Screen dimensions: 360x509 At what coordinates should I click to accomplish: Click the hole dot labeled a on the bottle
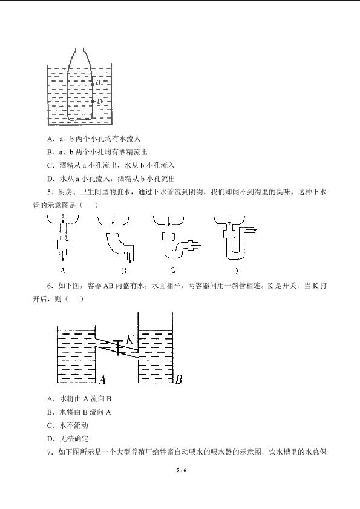pos(93,84)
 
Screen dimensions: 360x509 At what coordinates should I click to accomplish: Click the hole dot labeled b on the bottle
pos(93,101)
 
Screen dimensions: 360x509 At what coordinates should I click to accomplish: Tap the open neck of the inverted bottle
pos(79,50)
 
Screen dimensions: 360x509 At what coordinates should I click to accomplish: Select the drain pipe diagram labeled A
pos(63,238)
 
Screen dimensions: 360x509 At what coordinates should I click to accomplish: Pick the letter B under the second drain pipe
pos(124,271)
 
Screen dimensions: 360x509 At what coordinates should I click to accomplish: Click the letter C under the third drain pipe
pos(172,270)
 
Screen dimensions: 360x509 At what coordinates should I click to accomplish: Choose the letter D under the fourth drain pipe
pos(235,271)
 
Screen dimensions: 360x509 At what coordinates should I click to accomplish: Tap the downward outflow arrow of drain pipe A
pos(63,256)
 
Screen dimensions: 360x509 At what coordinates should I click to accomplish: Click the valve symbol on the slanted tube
pos(118,347)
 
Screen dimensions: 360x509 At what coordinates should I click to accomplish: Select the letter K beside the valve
pos(129,339)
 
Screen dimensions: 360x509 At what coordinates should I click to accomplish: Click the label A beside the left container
pos(102,379)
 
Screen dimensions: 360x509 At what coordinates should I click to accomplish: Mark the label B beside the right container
pos(178,379)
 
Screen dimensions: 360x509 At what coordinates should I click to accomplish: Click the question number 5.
pos(50,192)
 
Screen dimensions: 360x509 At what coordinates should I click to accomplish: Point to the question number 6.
pos(50,286)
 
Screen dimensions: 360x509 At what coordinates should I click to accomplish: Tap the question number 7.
pos(50,452)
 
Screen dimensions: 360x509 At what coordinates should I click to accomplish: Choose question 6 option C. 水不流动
pos(68,425)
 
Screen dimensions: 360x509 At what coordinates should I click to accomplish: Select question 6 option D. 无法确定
pos(68,439)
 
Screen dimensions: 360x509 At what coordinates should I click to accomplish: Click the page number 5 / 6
pos(181,470)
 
